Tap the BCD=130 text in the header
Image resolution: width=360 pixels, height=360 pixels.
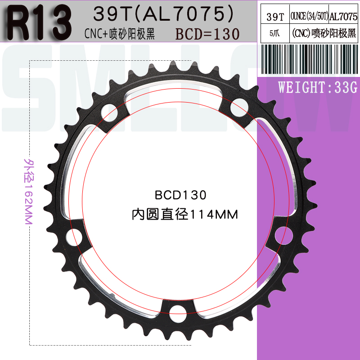(207, 34)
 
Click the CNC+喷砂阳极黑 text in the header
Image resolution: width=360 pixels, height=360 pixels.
(120, 34)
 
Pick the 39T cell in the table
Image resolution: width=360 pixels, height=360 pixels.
(275, 17)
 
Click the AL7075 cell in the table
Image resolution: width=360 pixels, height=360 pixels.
(343, 17)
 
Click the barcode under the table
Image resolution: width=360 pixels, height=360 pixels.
(309, 59)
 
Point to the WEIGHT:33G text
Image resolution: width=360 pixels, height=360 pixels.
(317, 87)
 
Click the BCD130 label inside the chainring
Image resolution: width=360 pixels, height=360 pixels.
(180, 195)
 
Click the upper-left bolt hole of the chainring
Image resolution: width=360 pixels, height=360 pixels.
(108, 113)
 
